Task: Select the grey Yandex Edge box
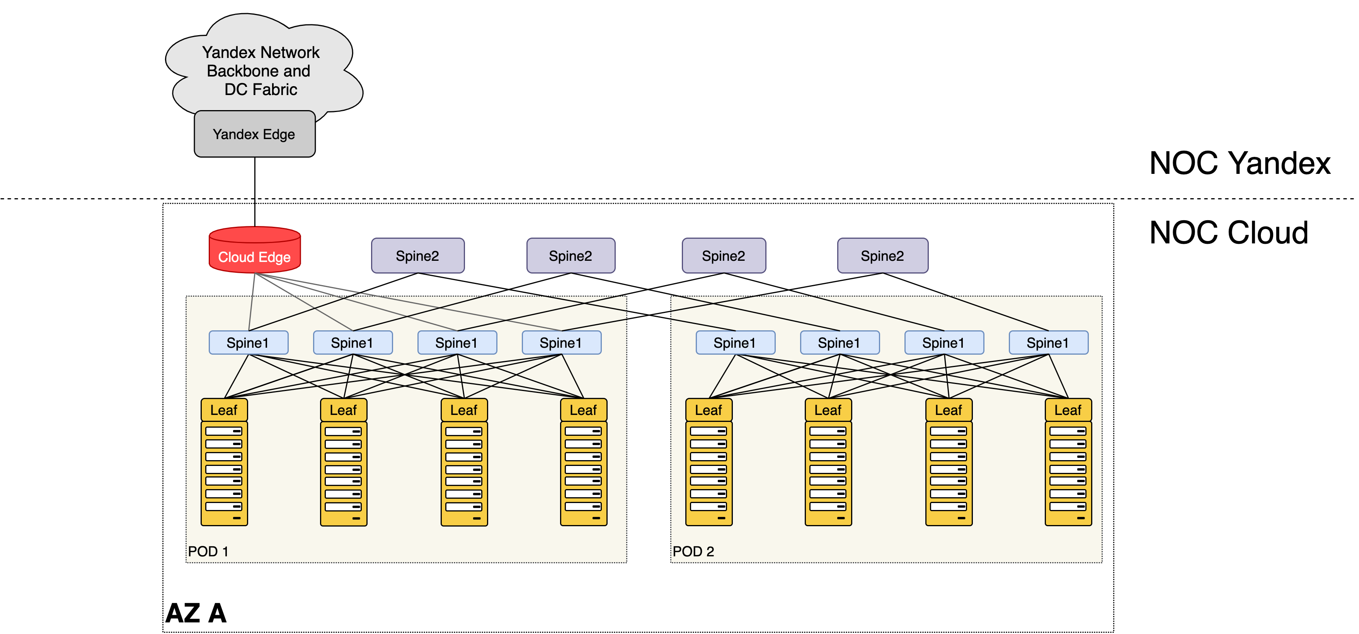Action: (255, 134)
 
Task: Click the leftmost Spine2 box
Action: (417, 256)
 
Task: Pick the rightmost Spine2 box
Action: (882, 256)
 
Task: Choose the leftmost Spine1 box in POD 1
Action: (248, 343)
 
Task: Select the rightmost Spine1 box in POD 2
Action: (1048, 343)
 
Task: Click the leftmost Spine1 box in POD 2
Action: (735, 343)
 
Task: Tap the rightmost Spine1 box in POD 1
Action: (561, 343)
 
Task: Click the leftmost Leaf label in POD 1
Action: (224, 410)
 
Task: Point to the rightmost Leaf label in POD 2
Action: (1068, 410)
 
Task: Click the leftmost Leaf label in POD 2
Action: (708, 410)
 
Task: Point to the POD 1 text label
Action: (208, 551)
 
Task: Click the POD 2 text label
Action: (693, 551)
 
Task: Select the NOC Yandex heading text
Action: (1240, 163)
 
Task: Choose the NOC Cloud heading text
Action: (1229, 233)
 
